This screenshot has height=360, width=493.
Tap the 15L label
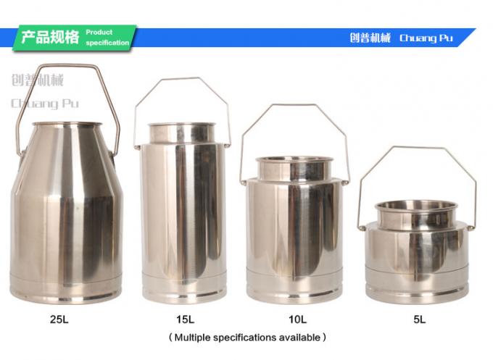[x=184, y=318]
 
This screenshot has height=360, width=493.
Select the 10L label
[x=297, y=318]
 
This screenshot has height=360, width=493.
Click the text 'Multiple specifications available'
[x=247, y=337]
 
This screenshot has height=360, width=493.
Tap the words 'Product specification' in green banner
[x=107, y=38]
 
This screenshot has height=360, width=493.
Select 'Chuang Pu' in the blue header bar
[x=426, y=38]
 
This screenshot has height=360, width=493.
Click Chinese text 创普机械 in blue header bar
[x=370, y=38]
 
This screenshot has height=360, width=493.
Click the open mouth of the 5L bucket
[x=415, y=206]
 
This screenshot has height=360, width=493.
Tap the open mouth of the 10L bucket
[x=294, y=161]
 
